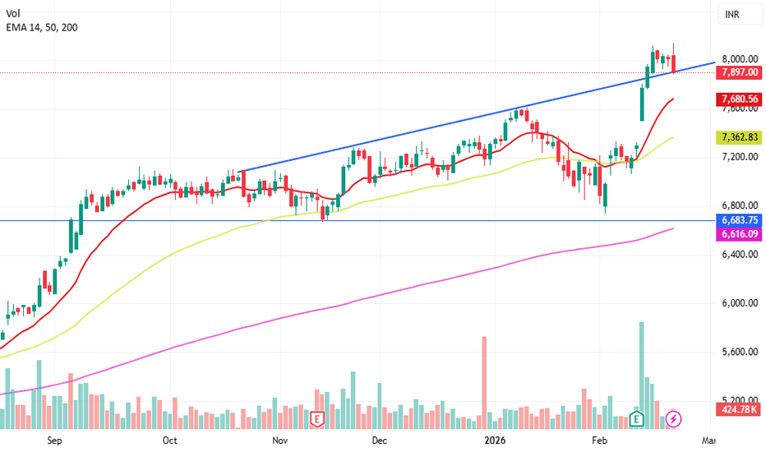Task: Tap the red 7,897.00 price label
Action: coord(739,72)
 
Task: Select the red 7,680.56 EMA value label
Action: coord(739,99)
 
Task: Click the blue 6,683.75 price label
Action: coord(739,220)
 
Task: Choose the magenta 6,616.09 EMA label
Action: coord(739,234)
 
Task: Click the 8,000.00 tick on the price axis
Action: coord(739,59)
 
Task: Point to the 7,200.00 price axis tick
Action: coord(739,156)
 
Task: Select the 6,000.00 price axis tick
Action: coord(739,303)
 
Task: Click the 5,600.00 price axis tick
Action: coord(739,352)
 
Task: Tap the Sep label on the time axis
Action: coord(54,441)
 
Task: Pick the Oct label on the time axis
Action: coord(169,441)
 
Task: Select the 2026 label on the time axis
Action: coord(495,441)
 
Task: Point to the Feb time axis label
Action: coord(601,441)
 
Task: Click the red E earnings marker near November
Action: coord(316,419)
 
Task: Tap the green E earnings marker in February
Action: coord(636,419)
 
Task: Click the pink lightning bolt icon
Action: coord(673,419)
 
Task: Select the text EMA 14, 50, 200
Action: coord(43,27)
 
